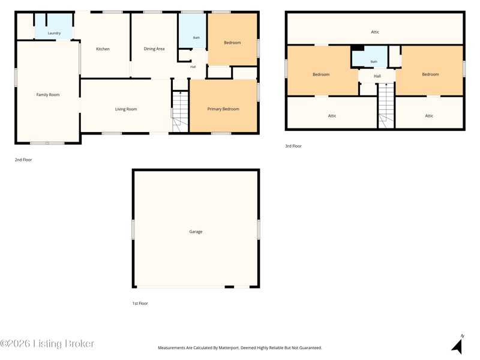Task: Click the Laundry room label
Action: (54, 33)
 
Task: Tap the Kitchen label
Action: (103, 49)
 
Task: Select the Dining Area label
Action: (154, 49)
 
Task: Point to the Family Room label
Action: (48, 95)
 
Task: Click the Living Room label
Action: (126, 109)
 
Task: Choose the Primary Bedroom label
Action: (223, 109)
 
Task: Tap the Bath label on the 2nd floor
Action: (197, 38)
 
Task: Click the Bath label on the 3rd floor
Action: (374, 62)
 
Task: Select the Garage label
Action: (196, 232)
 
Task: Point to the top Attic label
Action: (375, 32)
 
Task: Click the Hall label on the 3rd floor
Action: (377, 76)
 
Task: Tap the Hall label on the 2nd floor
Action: (193, 67)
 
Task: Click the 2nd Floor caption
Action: (23, 160)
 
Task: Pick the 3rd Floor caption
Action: (293, 146)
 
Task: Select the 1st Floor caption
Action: (140, 304)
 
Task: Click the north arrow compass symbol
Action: (457, 344)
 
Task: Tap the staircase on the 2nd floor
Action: (180, 112)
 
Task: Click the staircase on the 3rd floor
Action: (386, 106)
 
